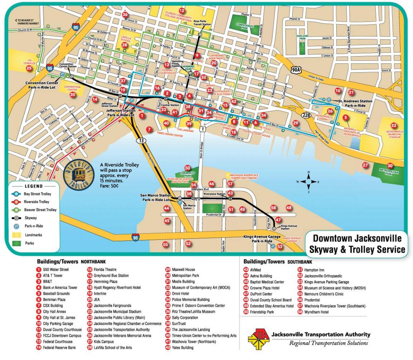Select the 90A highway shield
pyautogui.click(x=296, y=70)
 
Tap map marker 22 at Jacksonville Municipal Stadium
pyautogui.click(x=393, y=126)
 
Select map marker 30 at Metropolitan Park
pyautogui.click(x=390, y=165)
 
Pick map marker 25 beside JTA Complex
pyautogui.click(x=29, y=68)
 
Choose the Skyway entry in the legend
pyautogui.click(x=30, y=218)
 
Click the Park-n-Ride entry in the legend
pyautogui.click(x=34, y=226)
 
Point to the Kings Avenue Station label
pyautogui.click(x=288, y=227)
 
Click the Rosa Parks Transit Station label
pyautogui.click(x=202, y=23)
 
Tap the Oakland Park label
pyautogui.click(x=302, y=37)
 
